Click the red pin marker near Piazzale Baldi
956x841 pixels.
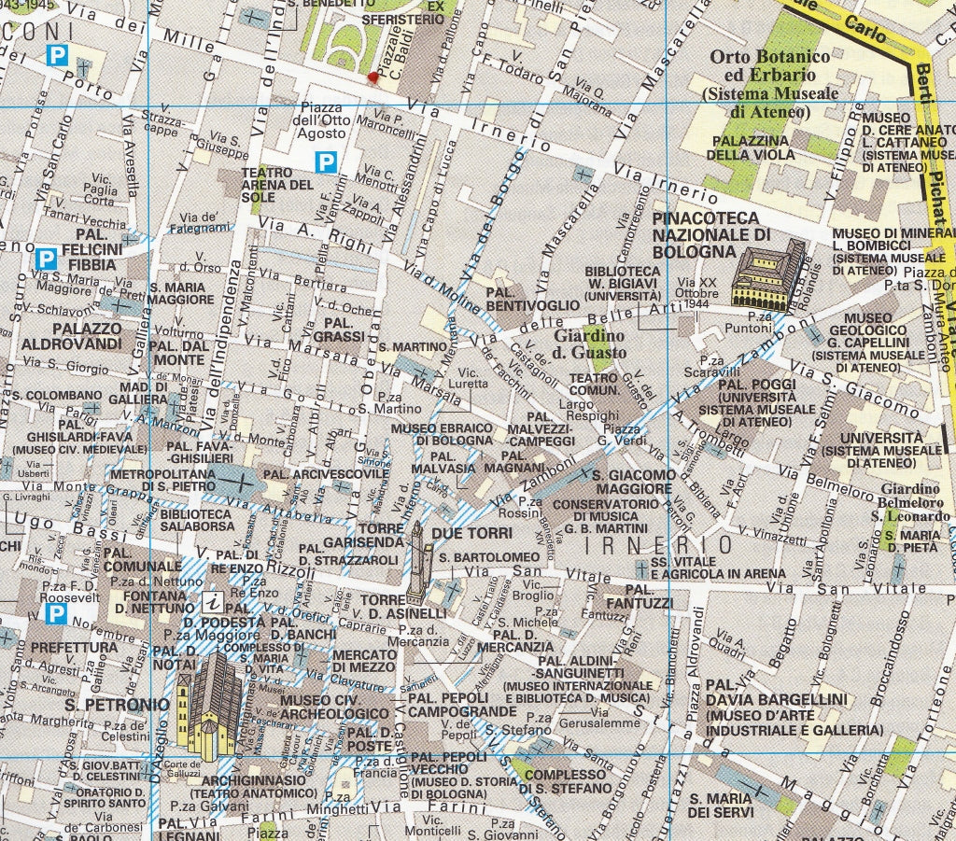click(x=373, y=78)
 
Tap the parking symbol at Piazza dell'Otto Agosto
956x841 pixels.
click(x=326, y=162)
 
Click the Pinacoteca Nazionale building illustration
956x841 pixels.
click(x=767, y=273)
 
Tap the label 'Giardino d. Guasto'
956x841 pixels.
click(x=591, y=343)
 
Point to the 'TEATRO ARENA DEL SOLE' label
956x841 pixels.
click(x=277, y=185)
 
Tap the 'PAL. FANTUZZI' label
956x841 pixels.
click(x=639, y=597)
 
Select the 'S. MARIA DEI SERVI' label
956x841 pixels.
click(x=721, y=806)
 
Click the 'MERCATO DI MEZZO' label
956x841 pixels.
click(x=364, y=660)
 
